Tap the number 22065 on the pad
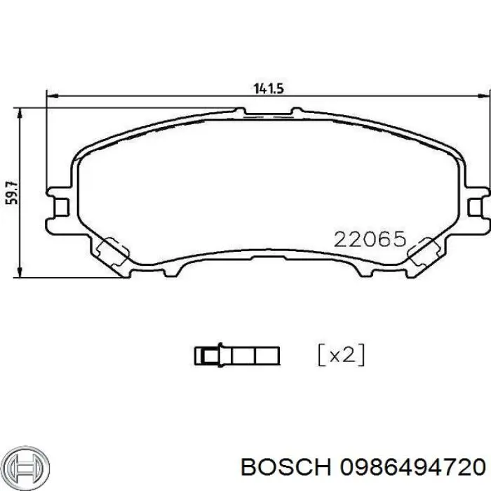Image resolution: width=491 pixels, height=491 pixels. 370,241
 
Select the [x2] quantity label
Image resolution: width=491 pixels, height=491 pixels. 341,355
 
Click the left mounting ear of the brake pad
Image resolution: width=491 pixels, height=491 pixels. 60,205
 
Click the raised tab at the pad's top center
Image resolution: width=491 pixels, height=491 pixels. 268,110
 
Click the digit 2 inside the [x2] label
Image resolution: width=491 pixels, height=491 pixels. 351,355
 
